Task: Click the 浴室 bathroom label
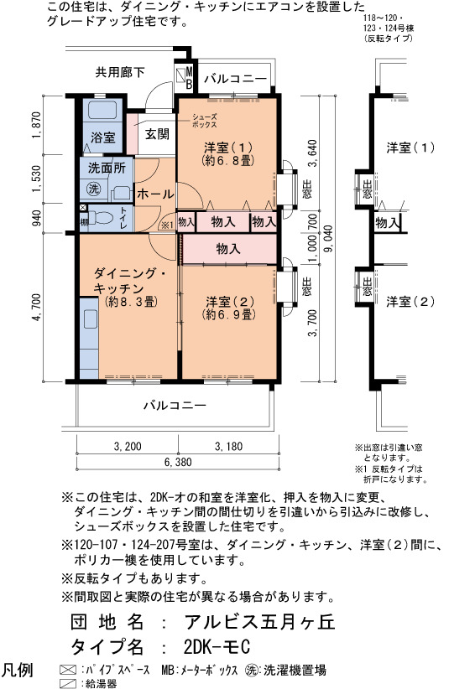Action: tap(103, 137)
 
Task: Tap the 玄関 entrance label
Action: tap(157, 134)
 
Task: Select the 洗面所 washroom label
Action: tap(107, 168)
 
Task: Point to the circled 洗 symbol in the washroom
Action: tap(93, 189)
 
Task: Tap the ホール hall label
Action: tap(154, 194)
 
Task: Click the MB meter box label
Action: tap(188, 78)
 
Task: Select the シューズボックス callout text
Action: tap(205, 121)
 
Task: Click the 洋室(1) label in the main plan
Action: tap(227, 147)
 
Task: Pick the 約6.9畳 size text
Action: tap(228, 314)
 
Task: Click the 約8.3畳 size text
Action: tap(131, 302)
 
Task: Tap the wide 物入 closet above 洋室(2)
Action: tap(228, 249)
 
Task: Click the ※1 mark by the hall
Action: tap(167, 225)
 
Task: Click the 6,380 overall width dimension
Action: tap(178, 462)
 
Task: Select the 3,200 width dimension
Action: tap(128, 447)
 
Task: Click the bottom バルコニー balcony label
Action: tap(175, 405)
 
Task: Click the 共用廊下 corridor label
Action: tap(120, 72)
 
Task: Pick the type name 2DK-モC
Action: tap(217, 646)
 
